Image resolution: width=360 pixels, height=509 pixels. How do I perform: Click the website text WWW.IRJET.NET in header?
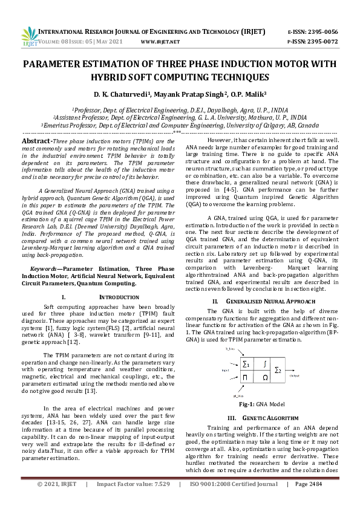(160, 42)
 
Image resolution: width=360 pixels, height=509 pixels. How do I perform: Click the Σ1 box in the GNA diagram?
(246, 365)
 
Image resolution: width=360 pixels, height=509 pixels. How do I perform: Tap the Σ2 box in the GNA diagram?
(277, 369)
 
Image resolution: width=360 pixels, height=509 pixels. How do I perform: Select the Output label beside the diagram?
(295, 375)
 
